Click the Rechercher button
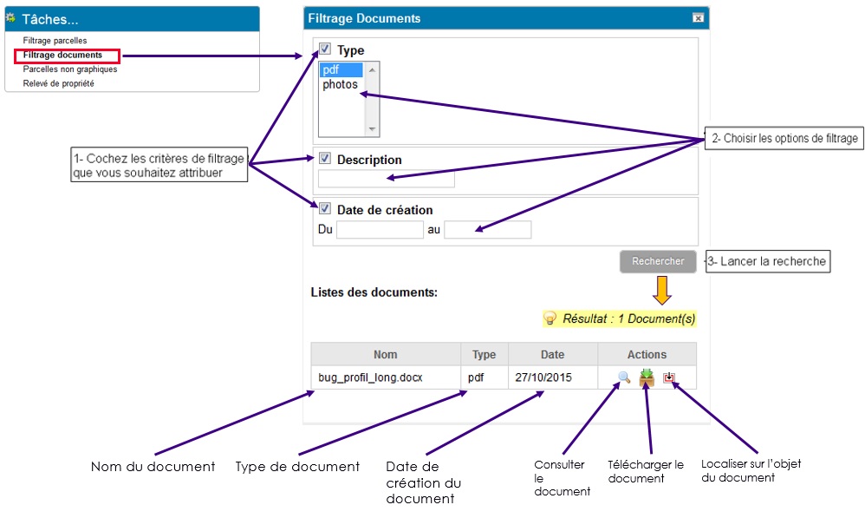tap(658, 261)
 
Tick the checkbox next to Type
tap(325, 49)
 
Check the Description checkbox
tap(325, 159)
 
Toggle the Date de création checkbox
tap(325, 209)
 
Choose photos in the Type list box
tap(340, 84)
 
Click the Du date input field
tap(380, 230)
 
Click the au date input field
tap(488, 230)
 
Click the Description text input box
tap(387, 179)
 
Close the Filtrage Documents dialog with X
tap(698, 18)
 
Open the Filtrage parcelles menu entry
tap(55, 40)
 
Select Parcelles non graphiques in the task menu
tap(70, 69)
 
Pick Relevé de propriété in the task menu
tap(58, 83)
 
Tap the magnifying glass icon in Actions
tap(624, 377)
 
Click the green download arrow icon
tap(647, 377)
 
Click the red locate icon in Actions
tap(668, 377)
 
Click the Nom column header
tap(386, 354)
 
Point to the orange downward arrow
tap(661, 290)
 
